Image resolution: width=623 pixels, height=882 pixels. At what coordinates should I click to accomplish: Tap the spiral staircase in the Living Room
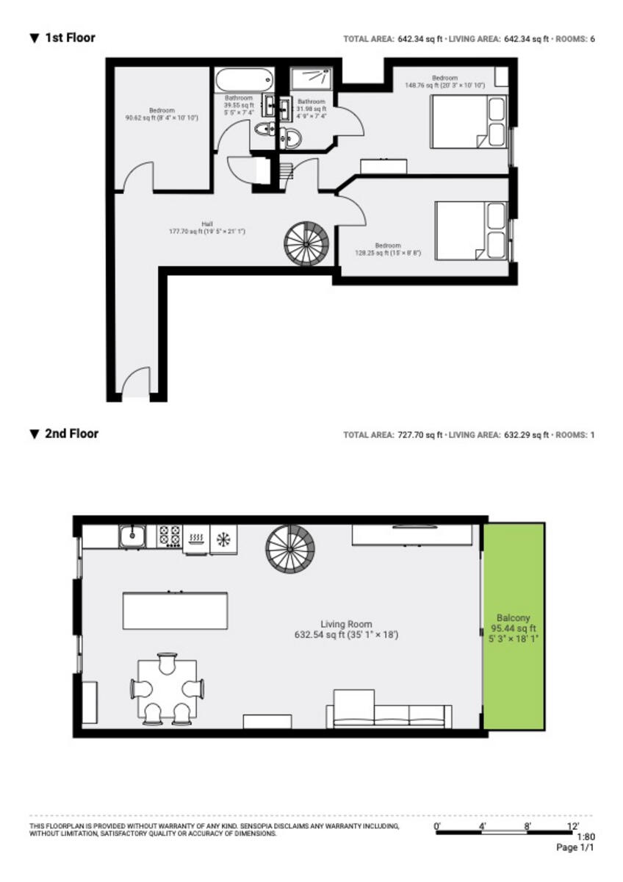[290, 549]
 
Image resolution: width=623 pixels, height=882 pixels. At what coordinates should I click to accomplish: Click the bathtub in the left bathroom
[244, 79]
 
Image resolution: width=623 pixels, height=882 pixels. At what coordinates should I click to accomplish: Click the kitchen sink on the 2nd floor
[133, 537]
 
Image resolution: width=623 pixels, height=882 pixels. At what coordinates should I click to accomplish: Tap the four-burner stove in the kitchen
[170, 537]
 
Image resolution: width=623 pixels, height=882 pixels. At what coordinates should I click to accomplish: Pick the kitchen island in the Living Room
[175, 611]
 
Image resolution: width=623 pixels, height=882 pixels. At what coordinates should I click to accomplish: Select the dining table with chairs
[168, 689]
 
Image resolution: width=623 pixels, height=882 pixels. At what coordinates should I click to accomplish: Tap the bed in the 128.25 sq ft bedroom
[471, 230]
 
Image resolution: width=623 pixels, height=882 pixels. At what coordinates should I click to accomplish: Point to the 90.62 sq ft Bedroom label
[161, 114]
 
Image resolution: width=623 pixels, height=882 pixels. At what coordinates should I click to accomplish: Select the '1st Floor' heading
[70, 37]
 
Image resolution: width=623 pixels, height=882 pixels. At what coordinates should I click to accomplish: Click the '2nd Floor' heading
[71, 434]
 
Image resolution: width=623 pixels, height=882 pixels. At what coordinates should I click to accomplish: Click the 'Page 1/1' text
[575, 847]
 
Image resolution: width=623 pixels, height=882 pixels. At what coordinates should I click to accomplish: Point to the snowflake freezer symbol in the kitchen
[222, 538]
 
